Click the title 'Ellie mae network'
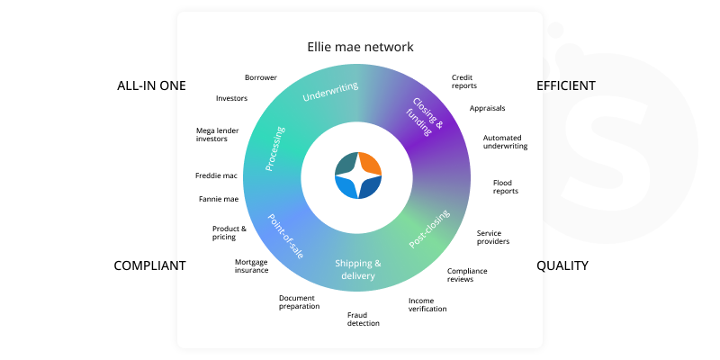click(x=359, y=47)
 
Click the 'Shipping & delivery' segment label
click(x=358, y=269)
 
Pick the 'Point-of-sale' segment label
click(x=285, y=236)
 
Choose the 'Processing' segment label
click(x=275, y=148)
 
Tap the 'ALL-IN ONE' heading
click(x=151, y=85)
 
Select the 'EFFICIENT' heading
click(x=566, y=85)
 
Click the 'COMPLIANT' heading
click(x=149, y=265)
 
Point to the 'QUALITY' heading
click(x=562, y=265)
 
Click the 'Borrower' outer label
click(x=261, y=77)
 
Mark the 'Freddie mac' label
click(x=216, y=175)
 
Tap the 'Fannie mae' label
click(x=218, y=199)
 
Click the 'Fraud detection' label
click(x=364, y=319)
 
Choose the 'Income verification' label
click(x=427, y=304)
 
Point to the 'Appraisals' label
click(x=487, y=108)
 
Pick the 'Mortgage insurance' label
click(x=251, y=265)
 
